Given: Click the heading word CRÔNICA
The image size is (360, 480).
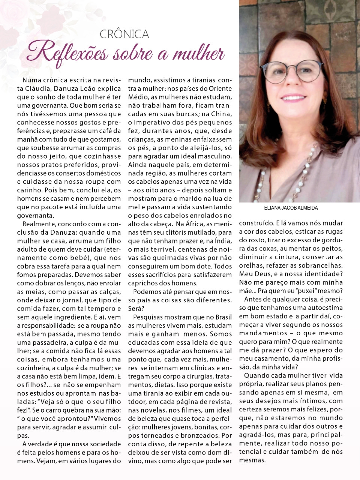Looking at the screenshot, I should (124, 34).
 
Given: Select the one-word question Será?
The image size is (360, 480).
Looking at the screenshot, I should (135, 309).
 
